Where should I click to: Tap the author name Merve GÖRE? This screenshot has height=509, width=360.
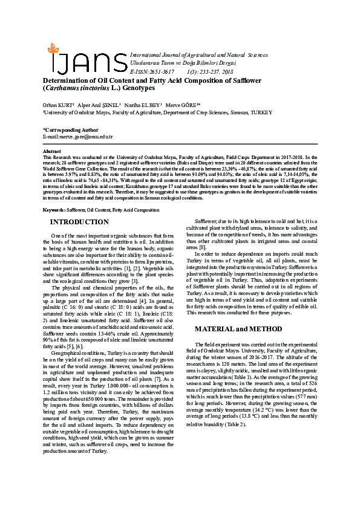point(181,103)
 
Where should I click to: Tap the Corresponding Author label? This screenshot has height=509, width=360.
point(71,129)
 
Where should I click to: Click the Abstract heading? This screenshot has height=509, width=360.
point(52,151)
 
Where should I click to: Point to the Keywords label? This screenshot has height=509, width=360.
point(54,210)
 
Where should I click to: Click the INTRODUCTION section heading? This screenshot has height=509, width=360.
point(79,222)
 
